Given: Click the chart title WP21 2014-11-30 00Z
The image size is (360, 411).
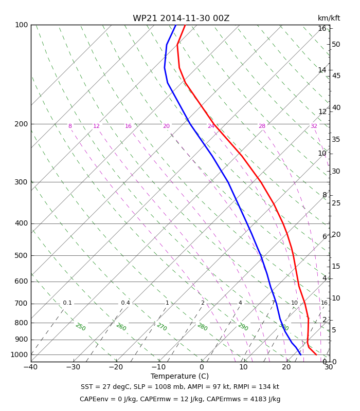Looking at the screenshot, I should pos(181,18).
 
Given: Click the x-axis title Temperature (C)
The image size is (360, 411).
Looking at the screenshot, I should pos(179,376).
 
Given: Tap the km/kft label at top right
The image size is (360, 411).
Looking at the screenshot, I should pos(329,18).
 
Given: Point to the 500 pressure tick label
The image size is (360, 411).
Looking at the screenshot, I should pos(21,255).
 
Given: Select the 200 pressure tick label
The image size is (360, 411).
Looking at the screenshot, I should pos(21,124).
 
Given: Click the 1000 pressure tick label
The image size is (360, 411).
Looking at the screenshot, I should pos(19,354).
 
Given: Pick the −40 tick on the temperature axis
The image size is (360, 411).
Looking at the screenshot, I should pos(30,367).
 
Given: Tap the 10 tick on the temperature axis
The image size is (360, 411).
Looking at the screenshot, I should pos(244,367).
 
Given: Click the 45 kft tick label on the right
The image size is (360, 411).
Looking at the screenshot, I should pos(336,76).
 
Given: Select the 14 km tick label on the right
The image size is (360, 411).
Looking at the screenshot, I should pos(322,70).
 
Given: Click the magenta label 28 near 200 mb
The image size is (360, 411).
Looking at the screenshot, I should pos(262,126).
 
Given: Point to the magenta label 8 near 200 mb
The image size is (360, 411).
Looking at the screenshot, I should pos(70,126).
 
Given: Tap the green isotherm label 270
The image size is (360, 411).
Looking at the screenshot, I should pos(161,327).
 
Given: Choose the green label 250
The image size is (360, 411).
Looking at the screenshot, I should pos(80,327).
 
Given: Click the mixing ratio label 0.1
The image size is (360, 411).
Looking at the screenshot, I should pos(67,303).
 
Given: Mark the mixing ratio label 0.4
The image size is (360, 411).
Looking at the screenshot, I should pos(125,303).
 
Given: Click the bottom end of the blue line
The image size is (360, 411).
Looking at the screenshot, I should pos(300,354).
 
